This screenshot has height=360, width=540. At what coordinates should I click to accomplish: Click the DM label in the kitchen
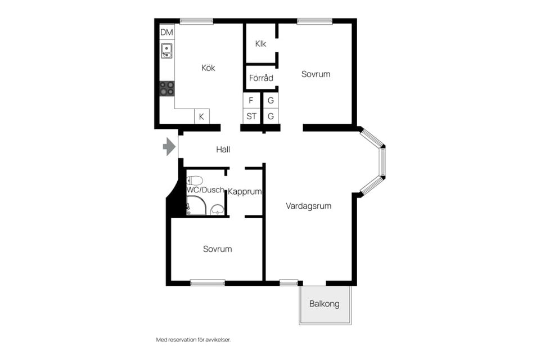(x=166, y=33)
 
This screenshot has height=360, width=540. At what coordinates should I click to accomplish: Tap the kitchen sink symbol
(x=166, y=51)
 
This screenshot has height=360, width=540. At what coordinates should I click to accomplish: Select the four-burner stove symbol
(x=166, y=88)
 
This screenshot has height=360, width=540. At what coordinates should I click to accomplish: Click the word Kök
(x=208, y=68)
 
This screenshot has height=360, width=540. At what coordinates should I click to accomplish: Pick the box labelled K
(x=201, y=117)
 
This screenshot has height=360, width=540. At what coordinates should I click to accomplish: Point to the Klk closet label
(x=260, y=44)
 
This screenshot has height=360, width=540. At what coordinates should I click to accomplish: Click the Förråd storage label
(x=261, y=78)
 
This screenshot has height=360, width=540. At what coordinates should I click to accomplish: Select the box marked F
(x=251, y=101)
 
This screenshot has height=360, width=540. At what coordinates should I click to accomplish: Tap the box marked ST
(x=251, y=116)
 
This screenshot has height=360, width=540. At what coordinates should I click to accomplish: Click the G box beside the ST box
(x=271, y=116)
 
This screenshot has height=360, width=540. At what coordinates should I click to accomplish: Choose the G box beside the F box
(x=271, y=101)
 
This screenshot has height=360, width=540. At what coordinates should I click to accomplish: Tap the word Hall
(x=223, y=150)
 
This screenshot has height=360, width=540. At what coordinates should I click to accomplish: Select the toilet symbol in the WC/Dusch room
(x=195, y=180)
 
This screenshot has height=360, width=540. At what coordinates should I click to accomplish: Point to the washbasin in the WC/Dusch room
(x=217, y=210)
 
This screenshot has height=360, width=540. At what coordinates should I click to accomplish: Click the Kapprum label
(x=245, y=192)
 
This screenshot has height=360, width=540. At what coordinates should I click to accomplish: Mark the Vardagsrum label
(x=308, y=206)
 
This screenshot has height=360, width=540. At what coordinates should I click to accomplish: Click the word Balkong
(x=325, y=304)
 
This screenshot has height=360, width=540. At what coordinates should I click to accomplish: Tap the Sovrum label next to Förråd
(x=316, y=74)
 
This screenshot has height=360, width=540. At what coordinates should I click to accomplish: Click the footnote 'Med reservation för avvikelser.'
(x=193, y=340)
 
